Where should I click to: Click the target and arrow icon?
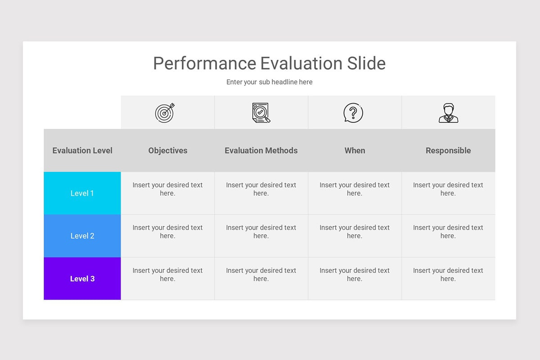tap(165, 113)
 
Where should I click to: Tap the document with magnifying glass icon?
tap(261, 113)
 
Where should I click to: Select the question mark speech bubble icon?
tap(353, 113)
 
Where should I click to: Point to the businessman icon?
tap(448, 113)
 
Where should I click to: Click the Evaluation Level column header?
tap(82, 150)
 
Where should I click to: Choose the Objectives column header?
tap(168, 150)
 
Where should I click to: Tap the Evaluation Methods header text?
tap(261, 150)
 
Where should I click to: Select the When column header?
tap(355, 150)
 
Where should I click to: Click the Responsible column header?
tap(448, 150)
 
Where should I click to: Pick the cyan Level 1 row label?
tap(82, 193)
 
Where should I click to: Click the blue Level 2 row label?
tap(82, 236)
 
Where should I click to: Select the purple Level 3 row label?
tap(82, 279)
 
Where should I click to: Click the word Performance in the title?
tap(205, 63)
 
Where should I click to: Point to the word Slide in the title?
tap(366, 63)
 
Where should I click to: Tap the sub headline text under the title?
tap(269, 82)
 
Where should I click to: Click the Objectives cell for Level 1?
tap(168, 193)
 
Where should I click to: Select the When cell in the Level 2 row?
tap(355, 236)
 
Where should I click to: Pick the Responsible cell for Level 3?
tap(448, 279)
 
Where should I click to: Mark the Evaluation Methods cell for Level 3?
tap(261, 279)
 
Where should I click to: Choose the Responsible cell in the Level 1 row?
tap(448, 193)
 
